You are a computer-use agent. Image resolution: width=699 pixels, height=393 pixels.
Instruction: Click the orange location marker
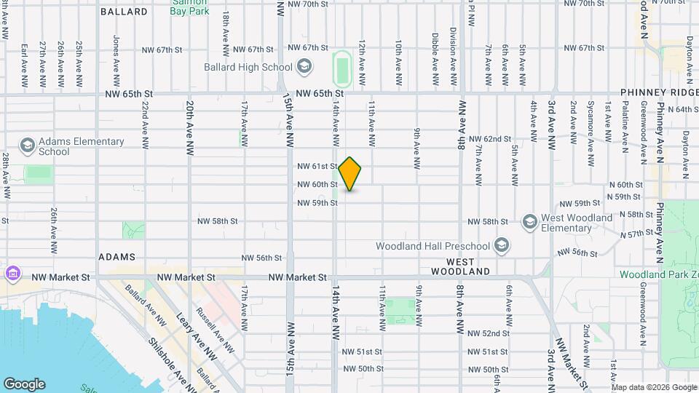point(350,173)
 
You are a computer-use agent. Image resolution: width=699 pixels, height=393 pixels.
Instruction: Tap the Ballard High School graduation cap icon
point(304,68)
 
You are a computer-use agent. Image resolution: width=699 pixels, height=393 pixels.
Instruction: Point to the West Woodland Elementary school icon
point(530,221)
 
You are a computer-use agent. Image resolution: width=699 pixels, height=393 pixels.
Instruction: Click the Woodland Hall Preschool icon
point(501,245)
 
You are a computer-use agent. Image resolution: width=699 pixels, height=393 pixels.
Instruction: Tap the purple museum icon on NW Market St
point(12,274)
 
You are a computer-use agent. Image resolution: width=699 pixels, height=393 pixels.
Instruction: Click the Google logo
point(25,384)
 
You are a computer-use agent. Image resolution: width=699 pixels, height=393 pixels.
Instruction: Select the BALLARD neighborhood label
point(125,12)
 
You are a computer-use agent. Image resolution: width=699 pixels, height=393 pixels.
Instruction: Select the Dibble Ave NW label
point(435,57)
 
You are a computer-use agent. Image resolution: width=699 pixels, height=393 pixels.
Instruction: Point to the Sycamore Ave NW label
point(591,121)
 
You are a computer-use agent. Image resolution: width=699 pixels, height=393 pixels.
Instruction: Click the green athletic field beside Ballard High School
point(341,68)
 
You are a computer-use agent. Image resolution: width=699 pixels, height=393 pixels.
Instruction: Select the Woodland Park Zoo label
point(658,274)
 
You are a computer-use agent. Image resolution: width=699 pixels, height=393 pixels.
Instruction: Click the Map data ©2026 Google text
point(652,386)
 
